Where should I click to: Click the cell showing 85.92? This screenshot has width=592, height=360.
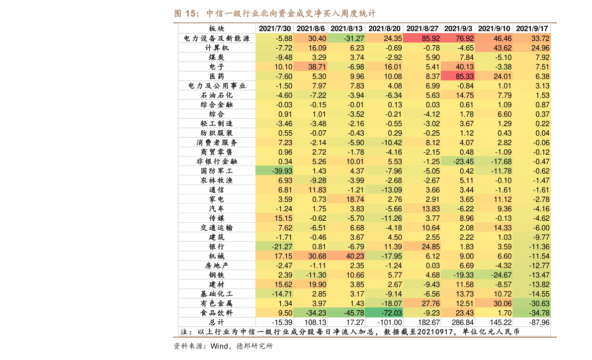click(422, 38)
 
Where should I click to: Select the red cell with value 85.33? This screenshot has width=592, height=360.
click(458, 76)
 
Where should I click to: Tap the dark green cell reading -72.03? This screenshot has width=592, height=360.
click(384, 313)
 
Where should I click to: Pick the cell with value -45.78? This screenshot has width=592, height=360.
click(346, 313)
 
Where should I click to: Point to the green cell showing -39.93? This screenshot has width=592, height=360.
click(274, 171)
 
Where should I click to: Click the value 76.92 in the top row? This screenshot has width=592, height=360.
click(458, 38)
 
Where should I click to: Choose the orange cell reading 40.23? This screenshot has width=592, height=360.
click(346, 256)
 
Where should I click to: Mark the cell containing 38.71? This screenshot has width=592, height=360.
click(311, 67)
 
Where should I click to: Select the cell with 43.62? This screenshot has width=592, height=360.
click(494, 48)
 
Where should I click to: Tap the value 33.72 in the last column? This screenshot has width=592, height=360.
click(532, 38)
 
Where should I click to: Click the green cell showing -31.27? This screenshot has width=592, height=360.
click(346, 38)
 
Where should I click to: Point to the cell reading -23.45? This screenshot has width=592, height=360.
click(458, 161)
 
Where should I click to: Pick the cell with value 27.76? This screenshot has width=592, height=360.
click(422, 303)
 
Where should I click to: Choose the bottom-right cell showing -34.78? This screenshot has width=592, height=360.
click(532, 313)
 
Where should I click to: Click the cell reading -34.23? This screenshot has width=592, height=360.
click(311, 313)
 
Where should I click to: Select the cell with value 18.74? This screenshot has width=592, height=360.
click(346, 199)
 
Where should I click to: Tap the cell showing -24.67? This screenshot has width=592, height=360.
click(494, 275)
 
